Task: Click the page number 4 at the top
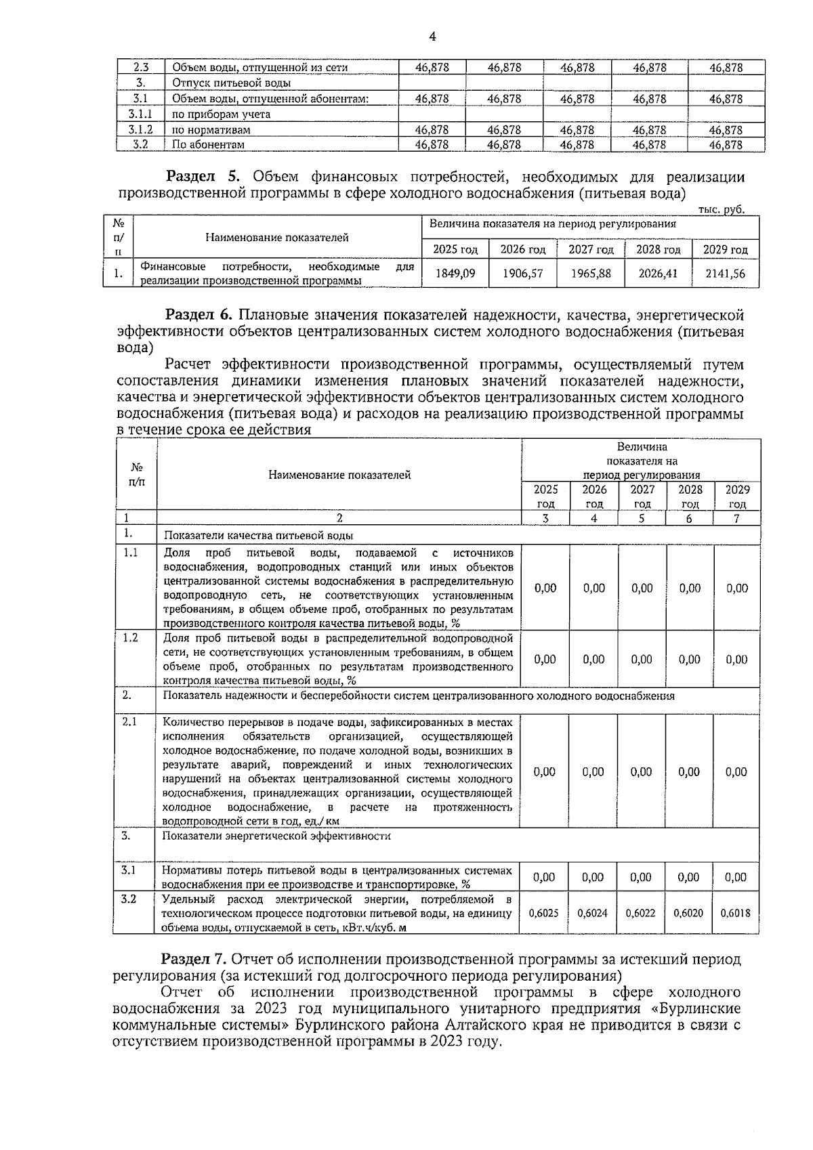pyautogui.click(x=432, y=37)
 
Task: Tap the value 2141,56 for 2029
pyautogui.click(x=725, y=274)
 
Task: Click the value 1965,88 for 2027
pyautogui.click(x=590, y=274)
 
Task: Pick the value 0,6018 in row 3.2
pyautogui.click(x=735, y=913)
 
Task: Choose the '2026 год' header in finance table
pyautogui.click(x=522, y=249)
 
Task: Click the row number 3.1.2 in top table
pyautogui.click(x=140, y=129)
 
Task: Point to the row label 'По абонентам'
pyautogui.click(x=208, y=145)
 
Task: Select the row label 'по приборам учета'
pyautogui.click(x=221, y=114)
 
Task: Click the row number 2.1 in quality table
pyautogui.click(x=129, y=722)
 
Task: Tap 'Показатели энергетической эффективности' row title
pyautogui.click(x=276, y=836)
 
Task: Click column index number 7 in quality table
pyautogui.click(x=736, y=519)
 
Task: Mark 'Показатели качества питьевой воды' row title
pyautogui.click(x=258, y=535)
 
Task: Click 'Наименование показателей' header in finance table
pyautogui.click(x=277, y=237)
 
